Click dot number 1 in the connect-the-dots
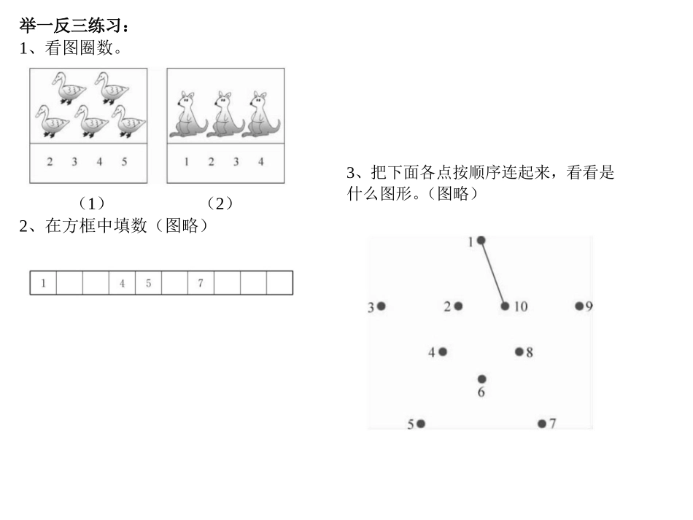coord(481,241)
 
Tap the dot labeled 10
coord(505,306)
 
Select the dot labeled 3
coord(381,306)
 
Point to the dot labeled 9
coord(579,306)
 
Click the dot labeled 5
coord(421,424)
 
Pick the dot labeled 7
coord(542,424)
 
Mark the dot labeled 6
coord(482,379)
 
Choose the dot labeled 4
coord(443,352)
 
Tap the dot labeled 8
coord(519,352)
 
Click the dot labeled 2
coord(458,306)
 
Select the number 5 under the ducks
coord(124,161)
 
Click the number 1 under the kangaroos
coord(186,161)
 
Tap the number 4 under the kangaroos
coord(260,161)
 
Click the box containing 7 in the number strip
coord(201,283)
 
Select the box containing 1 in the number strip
coord(43,283)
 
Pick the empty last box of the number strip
coord(279,283)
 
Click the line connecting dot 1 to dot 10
coord(493,273)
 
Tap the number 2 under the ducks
coord(50,161)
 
